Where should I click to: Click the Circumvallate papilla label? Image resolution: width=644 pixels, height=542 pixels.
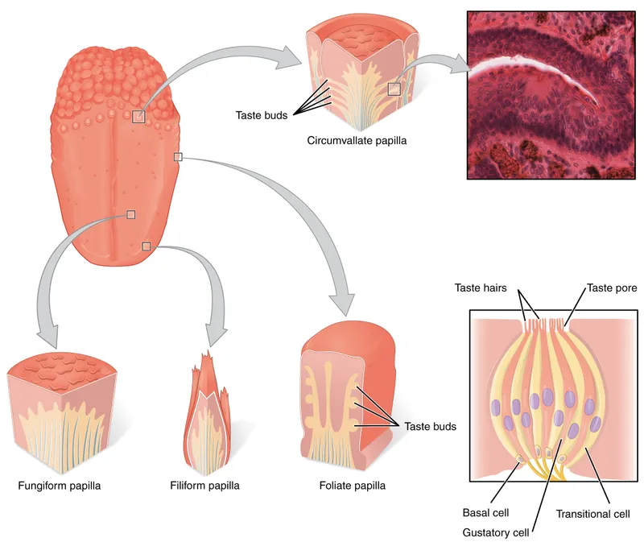click(357, 140)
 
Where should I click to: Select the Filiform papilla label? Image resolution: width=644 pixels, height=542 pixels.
click(204, 486)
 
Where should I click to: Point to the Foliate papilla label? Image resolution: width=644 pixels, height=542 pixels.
click(352, 486)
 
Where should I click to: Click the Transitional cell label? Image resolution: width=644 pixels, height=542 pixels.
click(592, 513)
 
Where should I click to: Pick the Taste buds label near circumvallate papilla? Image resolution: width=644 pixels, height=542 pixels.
click(262, 115)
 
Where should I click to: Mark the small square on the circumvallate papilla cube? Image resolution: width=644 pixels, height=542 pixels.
click(394, 89)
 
